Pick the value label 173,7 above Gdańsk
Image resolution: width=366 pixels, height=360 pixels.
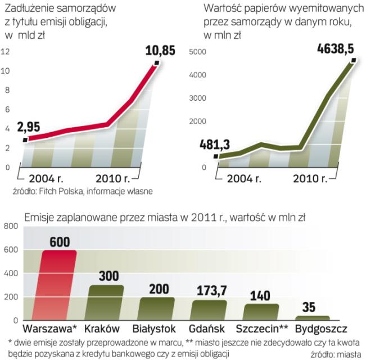tap(213, 291)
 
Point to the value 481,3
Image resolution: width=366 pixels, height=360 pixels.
tap(214, 145)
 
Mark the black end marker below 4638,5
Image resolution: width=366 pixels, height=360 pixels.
tap(353, 59)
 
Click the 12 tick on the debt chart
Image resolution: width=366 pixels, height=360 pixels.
tap(6, 52)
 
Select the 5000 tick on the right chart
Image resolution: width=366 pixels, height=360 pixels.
tap(197, 52)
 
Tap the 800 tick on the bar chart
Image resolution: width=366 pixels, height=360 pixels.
tap(11, 227)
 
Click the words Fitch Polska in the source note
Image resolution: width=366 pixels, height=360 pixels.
tap(58, 192)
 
